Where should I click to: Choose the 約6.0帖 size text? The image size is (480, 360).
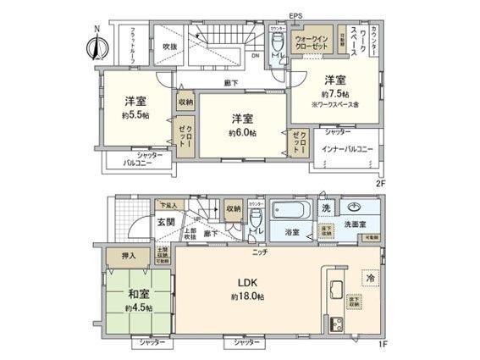[243, 133]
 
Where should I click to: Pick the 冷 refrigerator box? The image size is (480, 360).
[372, 276]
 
